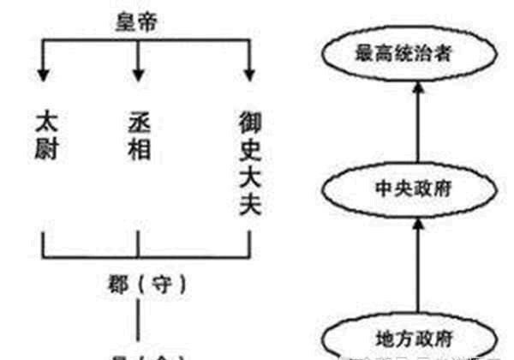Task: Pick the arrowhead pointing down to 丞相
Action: point(138,72)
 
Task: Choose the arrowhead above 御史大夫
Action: point(248,72)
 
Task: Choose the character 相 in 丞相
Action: point(138,147)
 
